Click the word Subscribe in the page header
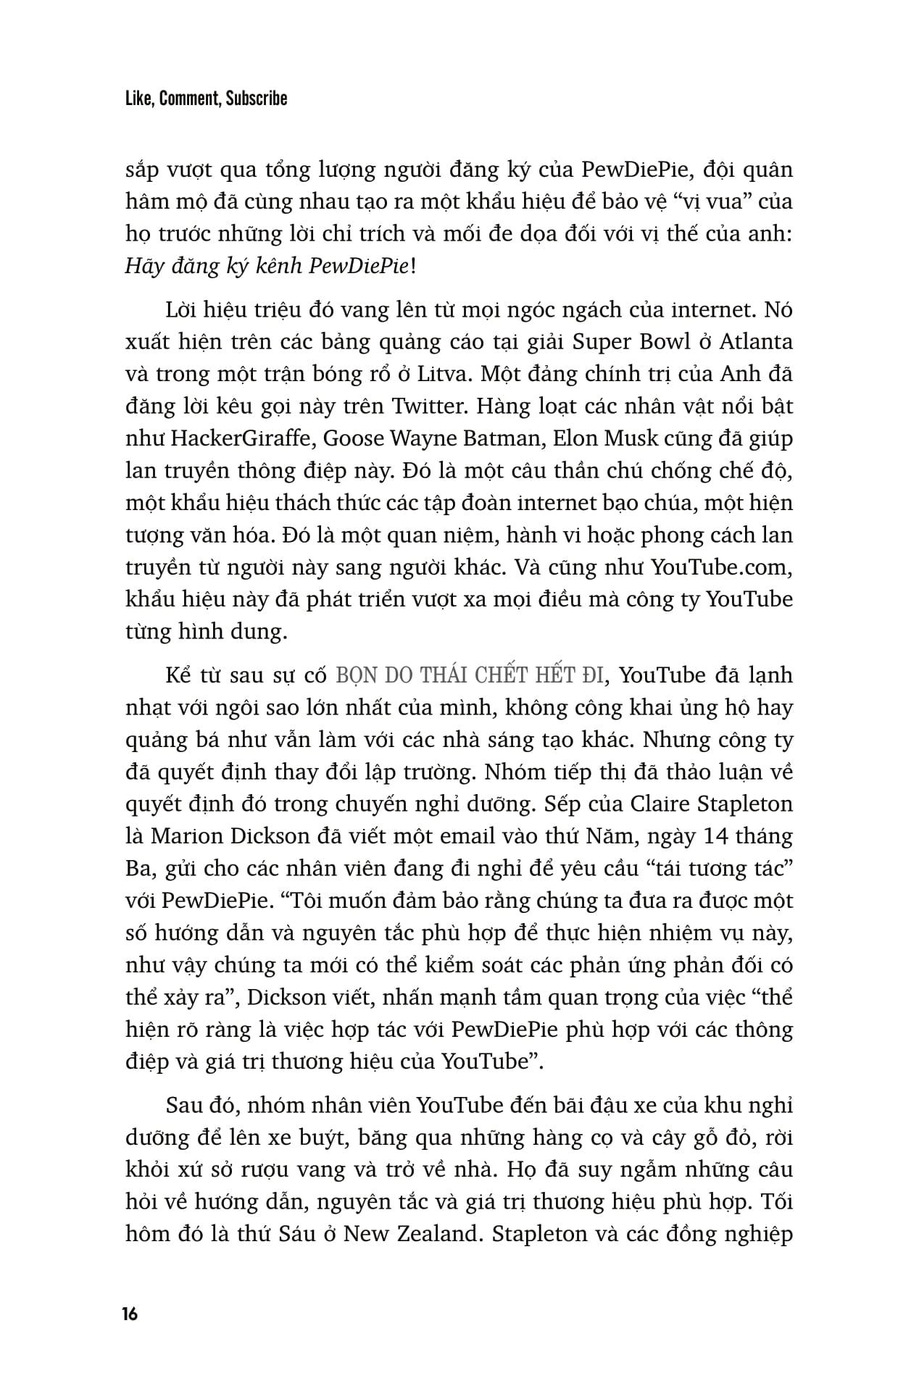tap(257, 99)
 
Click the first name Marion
tap(186, 836)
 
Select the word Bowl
tap(657, 341)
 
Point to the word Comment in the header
tap(188, 99)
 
